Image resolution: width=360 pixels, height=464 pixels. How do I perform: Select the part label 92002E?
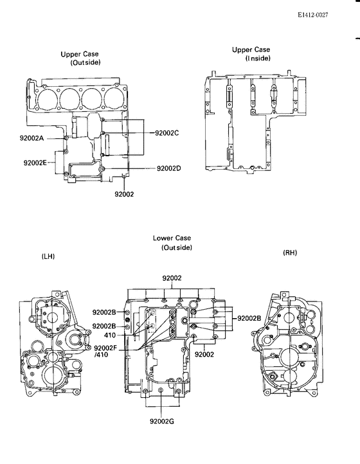[x=35, y=163]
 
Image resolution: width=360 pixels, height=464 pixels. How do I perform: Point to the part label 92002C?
[x=167, y=133]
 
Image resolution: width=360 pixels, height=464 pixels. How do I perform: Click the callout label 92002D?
[x=169, y=169]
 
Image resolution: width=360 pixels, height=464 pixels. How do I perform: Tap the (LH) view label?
[x=48, y=256]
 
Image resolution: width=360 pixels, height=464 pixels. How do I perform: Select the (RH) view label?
[x=291, y=253]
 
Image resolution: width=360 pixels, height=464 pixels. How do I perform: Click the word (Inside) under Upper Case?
[x=258, y=58]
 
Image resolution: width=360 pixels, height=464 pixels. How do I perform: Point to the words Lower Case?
[x=172, y=238]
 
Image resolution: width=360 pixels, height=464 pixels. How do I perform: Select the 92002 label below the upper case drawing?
[x=124, y=193]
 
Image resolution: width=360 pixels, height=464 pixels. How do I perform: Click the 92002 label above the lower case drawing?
[x=172, y=278]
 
